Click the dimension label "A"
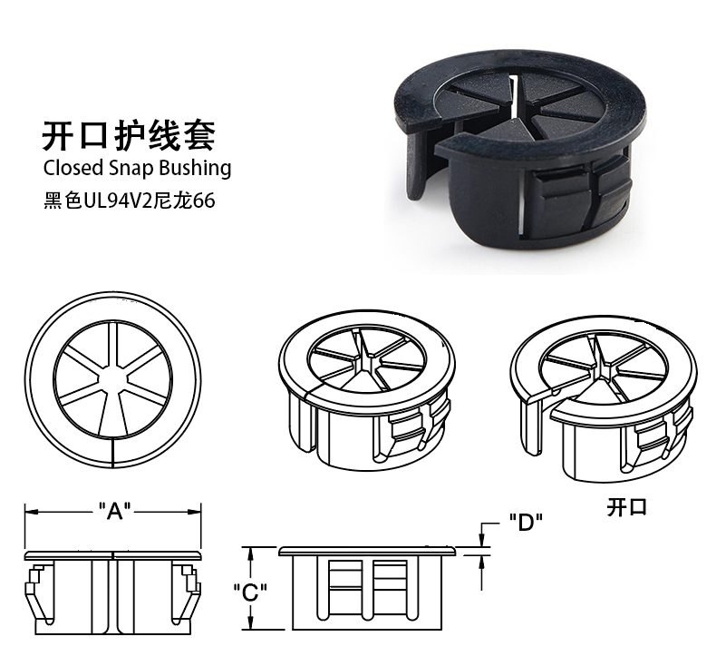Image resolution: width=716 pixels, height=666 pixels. (115, 512)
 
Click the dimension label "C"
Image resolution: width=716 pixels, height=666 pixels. (250, 593)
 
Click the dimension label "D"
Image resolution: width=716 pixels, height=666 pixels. (526, 523)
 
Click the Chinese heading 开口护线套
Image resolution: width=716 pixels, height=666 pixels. (129, 136)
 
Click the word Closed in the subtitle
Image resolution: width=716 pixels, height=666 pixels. (73, 168)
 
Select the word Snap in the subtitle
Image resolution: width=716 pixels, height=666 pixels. (131, 169)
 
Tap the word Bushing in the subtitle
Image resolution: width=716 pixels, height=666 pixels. (194, 169)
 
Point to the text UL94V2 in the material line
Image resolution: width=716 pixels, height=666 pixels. (117, 201)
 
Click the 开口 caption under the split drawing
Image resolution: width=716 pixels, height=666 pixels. (627, 507)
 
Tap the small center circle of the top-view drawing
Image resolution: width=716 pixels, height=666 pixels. (112, 379)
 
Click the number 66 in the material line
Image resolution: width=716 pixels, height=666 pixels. (203, 201)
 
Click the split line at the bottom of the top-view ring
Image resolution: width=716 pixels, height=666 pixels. (112, 453)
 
